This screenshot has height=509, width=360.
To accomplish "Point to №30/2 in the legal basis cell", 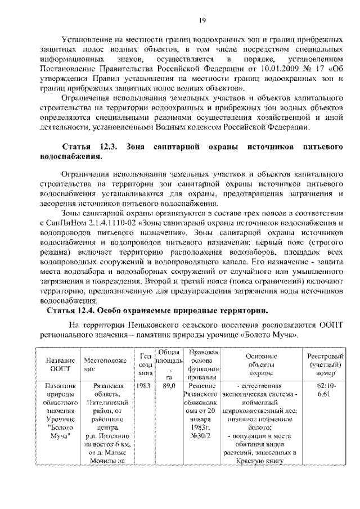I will (x=200, y=435).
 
